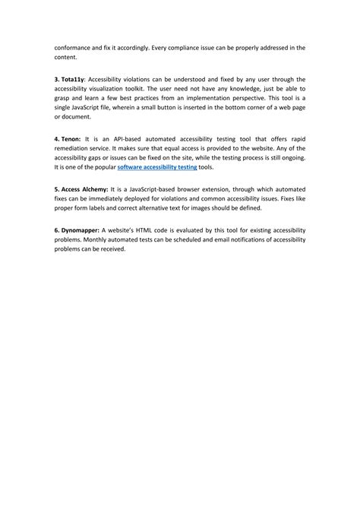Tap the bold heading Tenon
tap(71, 141)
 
